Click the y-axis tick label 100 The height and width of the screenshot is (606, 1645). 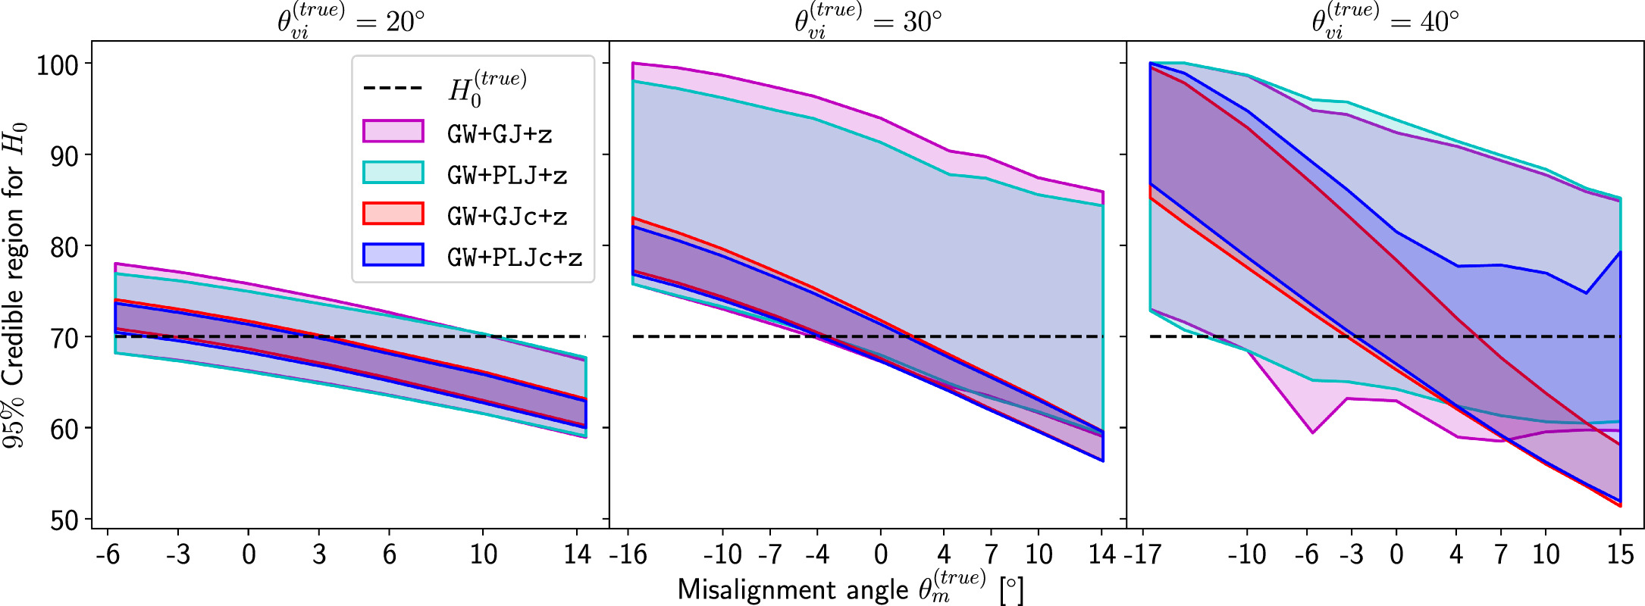pos(57,65)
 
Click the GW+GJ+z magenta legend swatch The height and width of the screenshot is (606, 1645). pos(393,131)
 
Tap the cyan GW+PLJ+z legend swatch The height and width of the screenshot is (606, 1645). pos(393,173)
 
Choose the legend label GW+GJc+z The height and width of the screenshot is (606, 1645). pos(506,217)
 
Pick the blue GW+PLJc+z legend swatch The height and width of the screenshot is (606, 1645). pos(393,255)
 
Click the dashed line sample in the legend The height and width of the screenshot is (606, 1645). pos(393,89)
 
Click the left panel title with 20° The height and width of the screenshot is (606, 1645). pos(350,20)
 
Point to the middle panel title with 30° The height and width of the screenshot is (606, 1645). pos(867,20)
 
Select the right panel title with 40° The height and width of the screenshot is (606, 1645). pos(1385,20)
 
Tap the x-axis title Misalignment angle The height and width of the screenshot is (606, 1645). pos(849,589)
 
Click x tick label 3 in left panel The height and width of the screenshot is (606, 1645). pos(318,554)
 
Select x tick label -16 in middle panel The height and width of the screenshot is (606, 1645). pos(628,554)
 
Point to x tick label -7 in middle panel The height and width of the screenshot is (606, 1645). pos(769,554)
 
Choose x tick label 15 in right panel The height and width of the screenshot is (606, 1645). pos(1620,554)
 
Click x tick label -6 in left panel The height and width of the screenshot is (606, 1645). pos(107,554)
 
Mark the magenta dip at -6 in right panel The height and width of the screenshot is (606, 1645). pos(1312,433)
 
